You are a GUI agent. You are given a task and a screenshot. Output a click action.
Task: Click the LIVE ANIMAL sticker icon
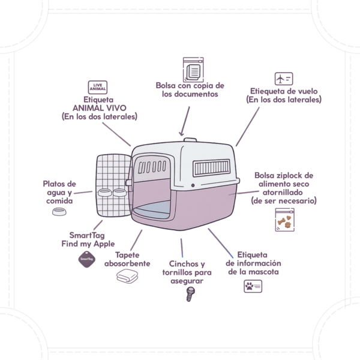(x=98, y=87)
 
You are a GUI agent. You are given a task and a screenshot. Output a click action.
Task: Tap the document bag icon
(x=193, y=70)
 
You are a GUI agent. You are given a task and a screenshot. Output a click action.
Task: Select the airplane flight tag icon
(x=284, y=79)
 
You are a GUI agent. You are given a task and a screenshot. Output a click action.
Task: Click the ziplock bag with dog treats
(x=284, y=220)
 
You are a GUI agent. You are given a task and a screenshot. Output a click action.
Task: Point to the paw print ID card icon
(x=253, y=286)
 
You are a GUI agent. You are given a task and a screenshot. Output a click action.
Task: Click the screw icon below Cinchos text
(x=190, y=295)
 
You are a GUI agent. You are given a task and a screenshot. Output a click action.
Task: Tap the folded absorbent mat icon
(x=127, y=276)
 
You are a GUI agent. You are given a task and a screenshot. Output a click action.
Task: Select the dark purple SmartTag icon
(x=87, y=259)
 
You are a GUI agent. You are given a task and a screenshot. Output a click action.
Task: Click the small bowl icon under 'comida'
(x=59, y=212)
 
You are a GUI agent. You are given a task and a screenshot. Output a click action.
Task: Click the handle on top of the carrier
(x=190, y=140)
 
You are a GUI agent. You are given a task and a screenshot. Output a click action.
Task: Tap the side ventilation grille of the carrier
(x=211, y=168)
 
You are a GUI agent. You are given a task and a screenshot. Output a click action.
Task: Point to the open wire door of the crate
(x=113, y=185)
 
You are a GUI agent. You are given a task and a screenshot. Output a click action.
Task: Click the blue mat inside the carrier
(x=152, y=209)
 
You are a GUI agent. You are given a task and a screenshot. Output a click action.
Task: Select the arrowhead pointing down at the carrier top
(x=181, y=133)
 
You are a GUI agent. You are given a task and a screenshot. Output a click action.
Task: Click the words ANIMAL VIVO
(x=100, y=108)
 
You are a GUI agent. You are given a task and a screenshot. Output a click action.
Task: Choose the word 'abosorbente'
(x=127, y=263)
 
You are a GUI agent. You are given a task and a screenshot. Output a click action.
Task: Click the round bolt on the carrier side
(x=193, y=185)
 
